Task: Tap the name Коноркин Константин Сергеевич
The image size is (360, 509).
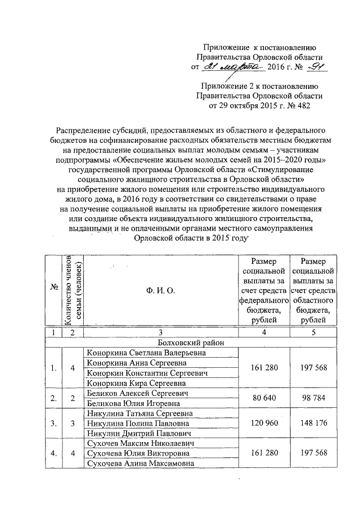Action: pos(144,373)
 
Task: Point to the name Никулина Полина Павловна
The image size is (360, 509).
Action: pos(138,424)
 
